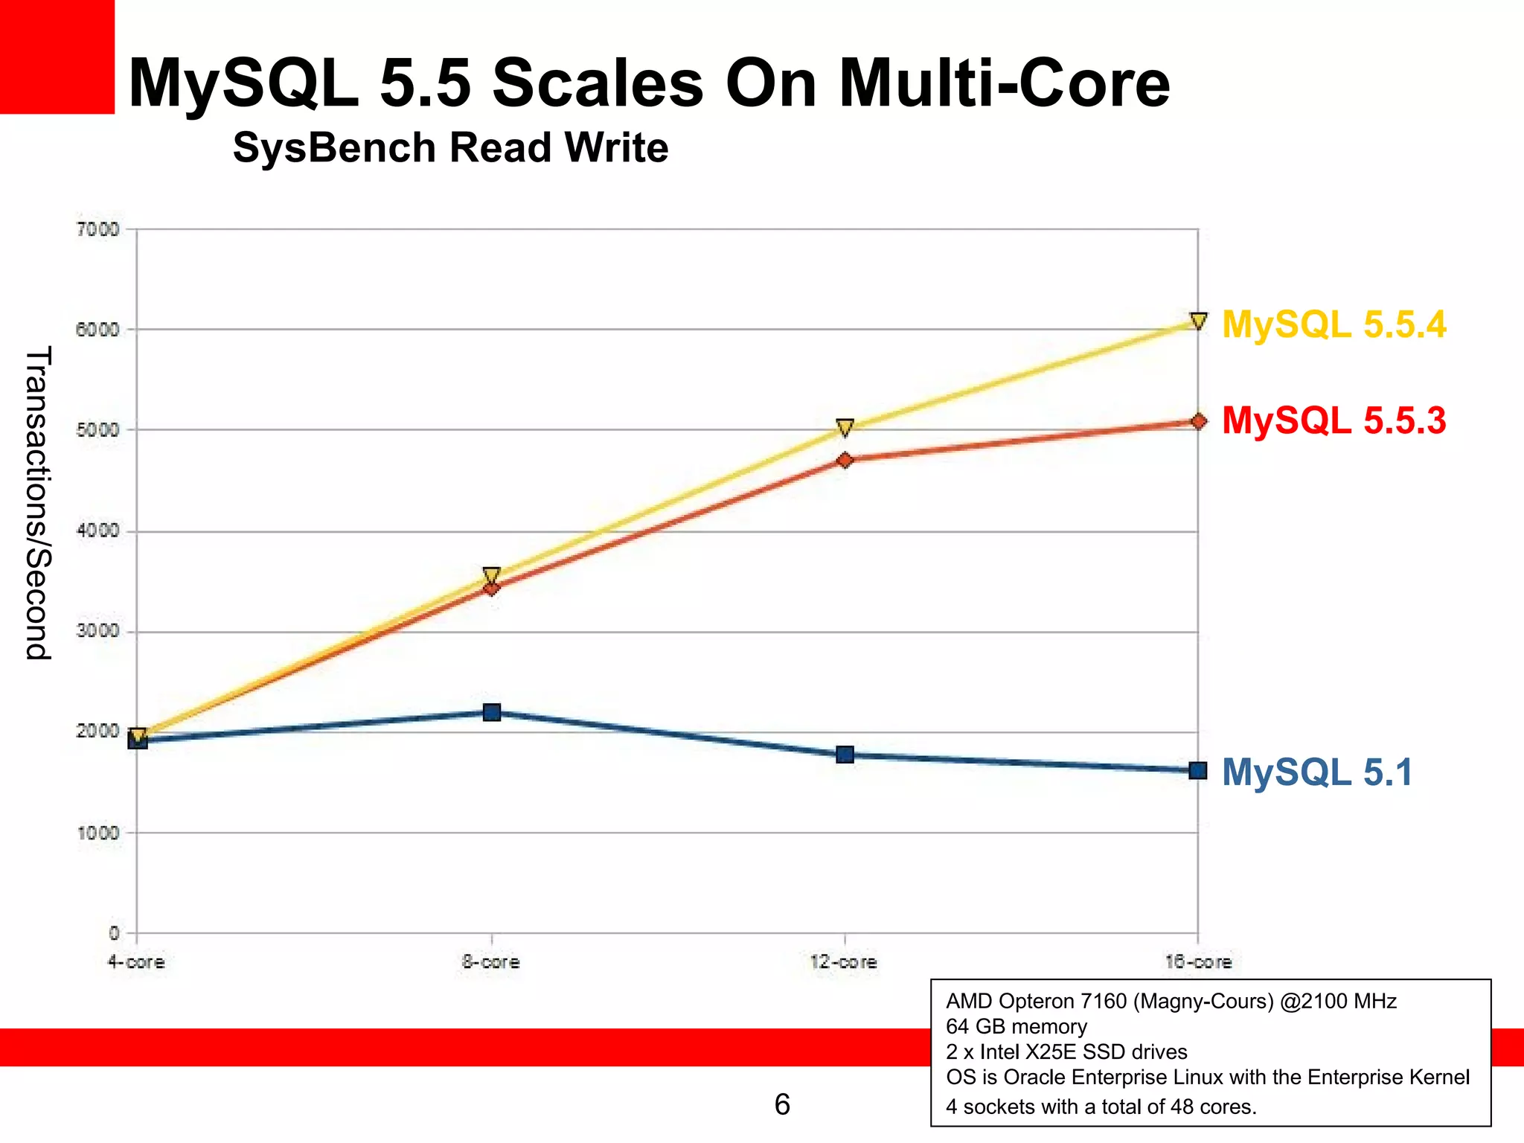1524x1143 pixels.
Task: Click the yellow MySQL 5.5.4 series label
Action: (1333, 325)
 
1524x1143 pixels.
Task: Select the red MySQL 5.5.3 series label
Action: (1333, 420)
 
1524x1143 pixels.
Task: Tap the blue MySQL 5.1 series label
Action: (1316, 772)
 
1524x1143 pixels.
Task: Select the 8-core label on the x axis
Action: (490, 962)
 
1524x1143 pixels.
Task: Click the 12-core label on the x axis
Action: (844, 962)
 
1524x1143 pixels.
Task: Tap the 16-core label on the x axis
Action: (1198, 962)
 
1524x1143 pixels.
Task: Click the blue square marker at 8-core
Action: (492, 712)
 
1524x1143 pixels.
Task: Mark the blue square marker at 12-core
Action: (845, 755)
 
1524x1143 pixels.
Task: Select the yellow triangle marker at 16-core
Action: (1198, 321)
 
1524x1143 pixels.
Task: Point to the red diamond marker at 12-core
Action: (845, 461)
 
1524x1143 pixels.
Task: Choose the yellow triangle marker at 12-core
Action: (845, 427)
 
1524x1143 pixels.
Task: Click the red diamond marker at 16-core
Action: (1198, 421)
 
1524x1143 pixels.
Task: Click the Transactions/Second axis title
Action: (38, 503)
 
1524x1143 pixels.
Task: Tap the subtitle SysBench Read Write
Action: (450, 147)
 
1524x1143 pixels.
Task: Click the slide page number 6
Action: (782, 1104)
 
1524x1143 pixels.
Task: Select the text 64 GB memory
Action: (1016, 1027)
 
